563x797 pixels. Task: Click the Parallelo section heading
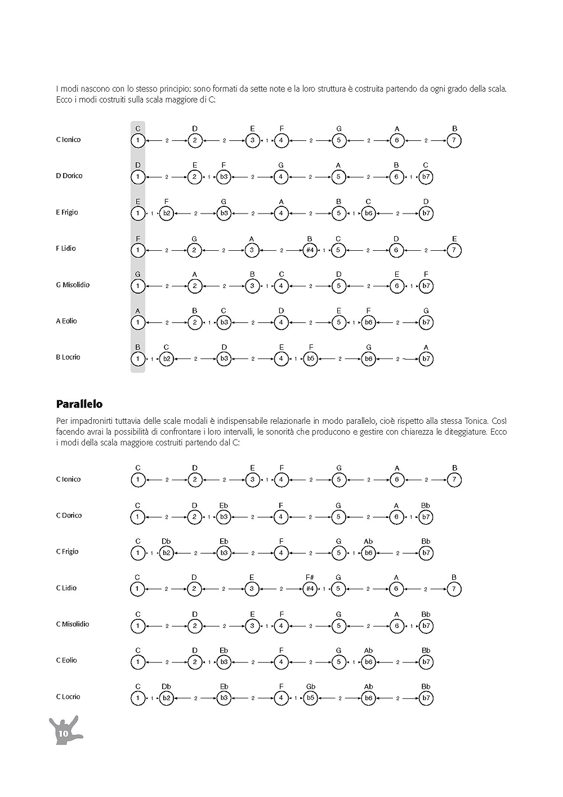point(79,404)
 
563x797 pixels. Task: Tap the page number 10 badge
point(62,733)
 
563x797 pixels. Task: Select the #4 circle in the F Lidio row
point(309,250)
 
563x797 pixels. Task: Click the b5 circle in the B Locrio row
point(310,358)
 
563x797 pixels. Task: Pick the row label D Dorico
point(69,176)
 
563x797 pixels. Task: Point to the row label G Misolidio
point(73,285)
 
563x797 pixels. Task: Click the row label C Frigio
point(67,551)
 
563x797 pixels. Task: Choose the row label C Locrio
point(68,697)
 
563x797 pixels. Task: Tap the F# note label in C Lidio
point(310,577)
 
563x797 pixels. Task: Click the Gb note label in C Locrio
point(310,687)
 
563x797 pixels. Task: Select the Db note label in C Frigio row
point(166,542)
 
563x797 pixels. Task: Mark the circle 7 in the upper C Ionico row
point(454,140)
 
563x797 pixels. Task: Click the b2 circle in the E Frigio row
point(166,214)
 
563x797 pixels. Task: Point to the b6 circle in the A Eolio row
point(368,322)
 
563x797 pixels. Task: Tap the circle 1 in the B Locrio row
point(137,358)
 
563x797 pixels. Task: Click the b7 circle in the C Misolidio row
point(426,626)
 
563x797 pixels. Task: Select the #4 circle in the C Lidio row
point(309,590)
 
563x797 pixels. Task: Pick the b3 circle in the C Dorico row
point(224,517)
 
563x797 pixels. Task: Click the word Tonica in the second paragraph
point(476,421)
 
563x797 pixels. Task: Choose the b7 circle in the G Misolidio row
point(426,286)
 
